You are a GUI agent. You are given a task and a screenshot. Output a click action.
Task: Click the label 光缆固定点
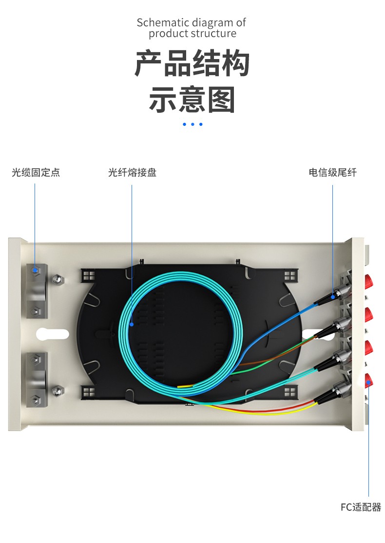point(36,173)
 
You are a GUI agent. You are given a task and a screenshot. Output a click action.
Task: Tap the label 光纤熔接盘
point(132,173)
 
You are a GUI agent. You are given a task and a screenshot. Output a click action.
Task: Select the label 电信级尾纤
point(332,173)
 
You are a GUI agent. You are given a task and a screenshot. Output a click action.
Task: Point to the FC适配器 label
point(361,507)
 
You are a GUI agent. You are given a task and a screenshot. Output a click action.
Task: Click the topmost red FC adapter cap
point(369,281)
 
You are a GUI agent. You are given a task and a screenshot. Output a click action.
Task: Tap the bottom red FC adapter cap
point(369,379)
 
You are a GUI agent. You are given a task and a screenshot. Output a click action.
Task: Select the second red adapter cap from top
point(369,314)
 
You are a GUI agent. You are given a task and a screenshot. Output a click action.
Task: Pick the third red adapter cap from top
point(369,347)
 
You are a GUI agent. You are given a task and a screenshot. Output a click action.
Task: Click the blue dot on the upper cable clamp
point(35,270)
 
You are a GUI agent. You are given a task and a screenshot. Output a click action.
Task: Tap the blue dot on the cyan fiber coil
point(132,323)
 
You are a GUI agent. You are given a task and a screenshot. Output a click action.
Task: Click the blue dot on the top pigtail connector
point(333,296)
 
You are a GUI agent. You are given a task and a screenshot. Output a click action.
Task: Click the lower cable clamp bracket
point(37,376)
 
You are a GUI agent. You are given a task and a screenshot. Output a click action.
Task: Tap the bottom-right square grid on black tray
point(289,391)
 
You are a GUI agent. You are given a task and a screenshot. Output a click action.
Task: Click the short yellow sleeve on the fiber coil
point(186,386)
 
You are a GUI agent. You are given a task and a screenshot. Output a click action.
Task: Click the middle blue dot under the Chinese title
point(192,124)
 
